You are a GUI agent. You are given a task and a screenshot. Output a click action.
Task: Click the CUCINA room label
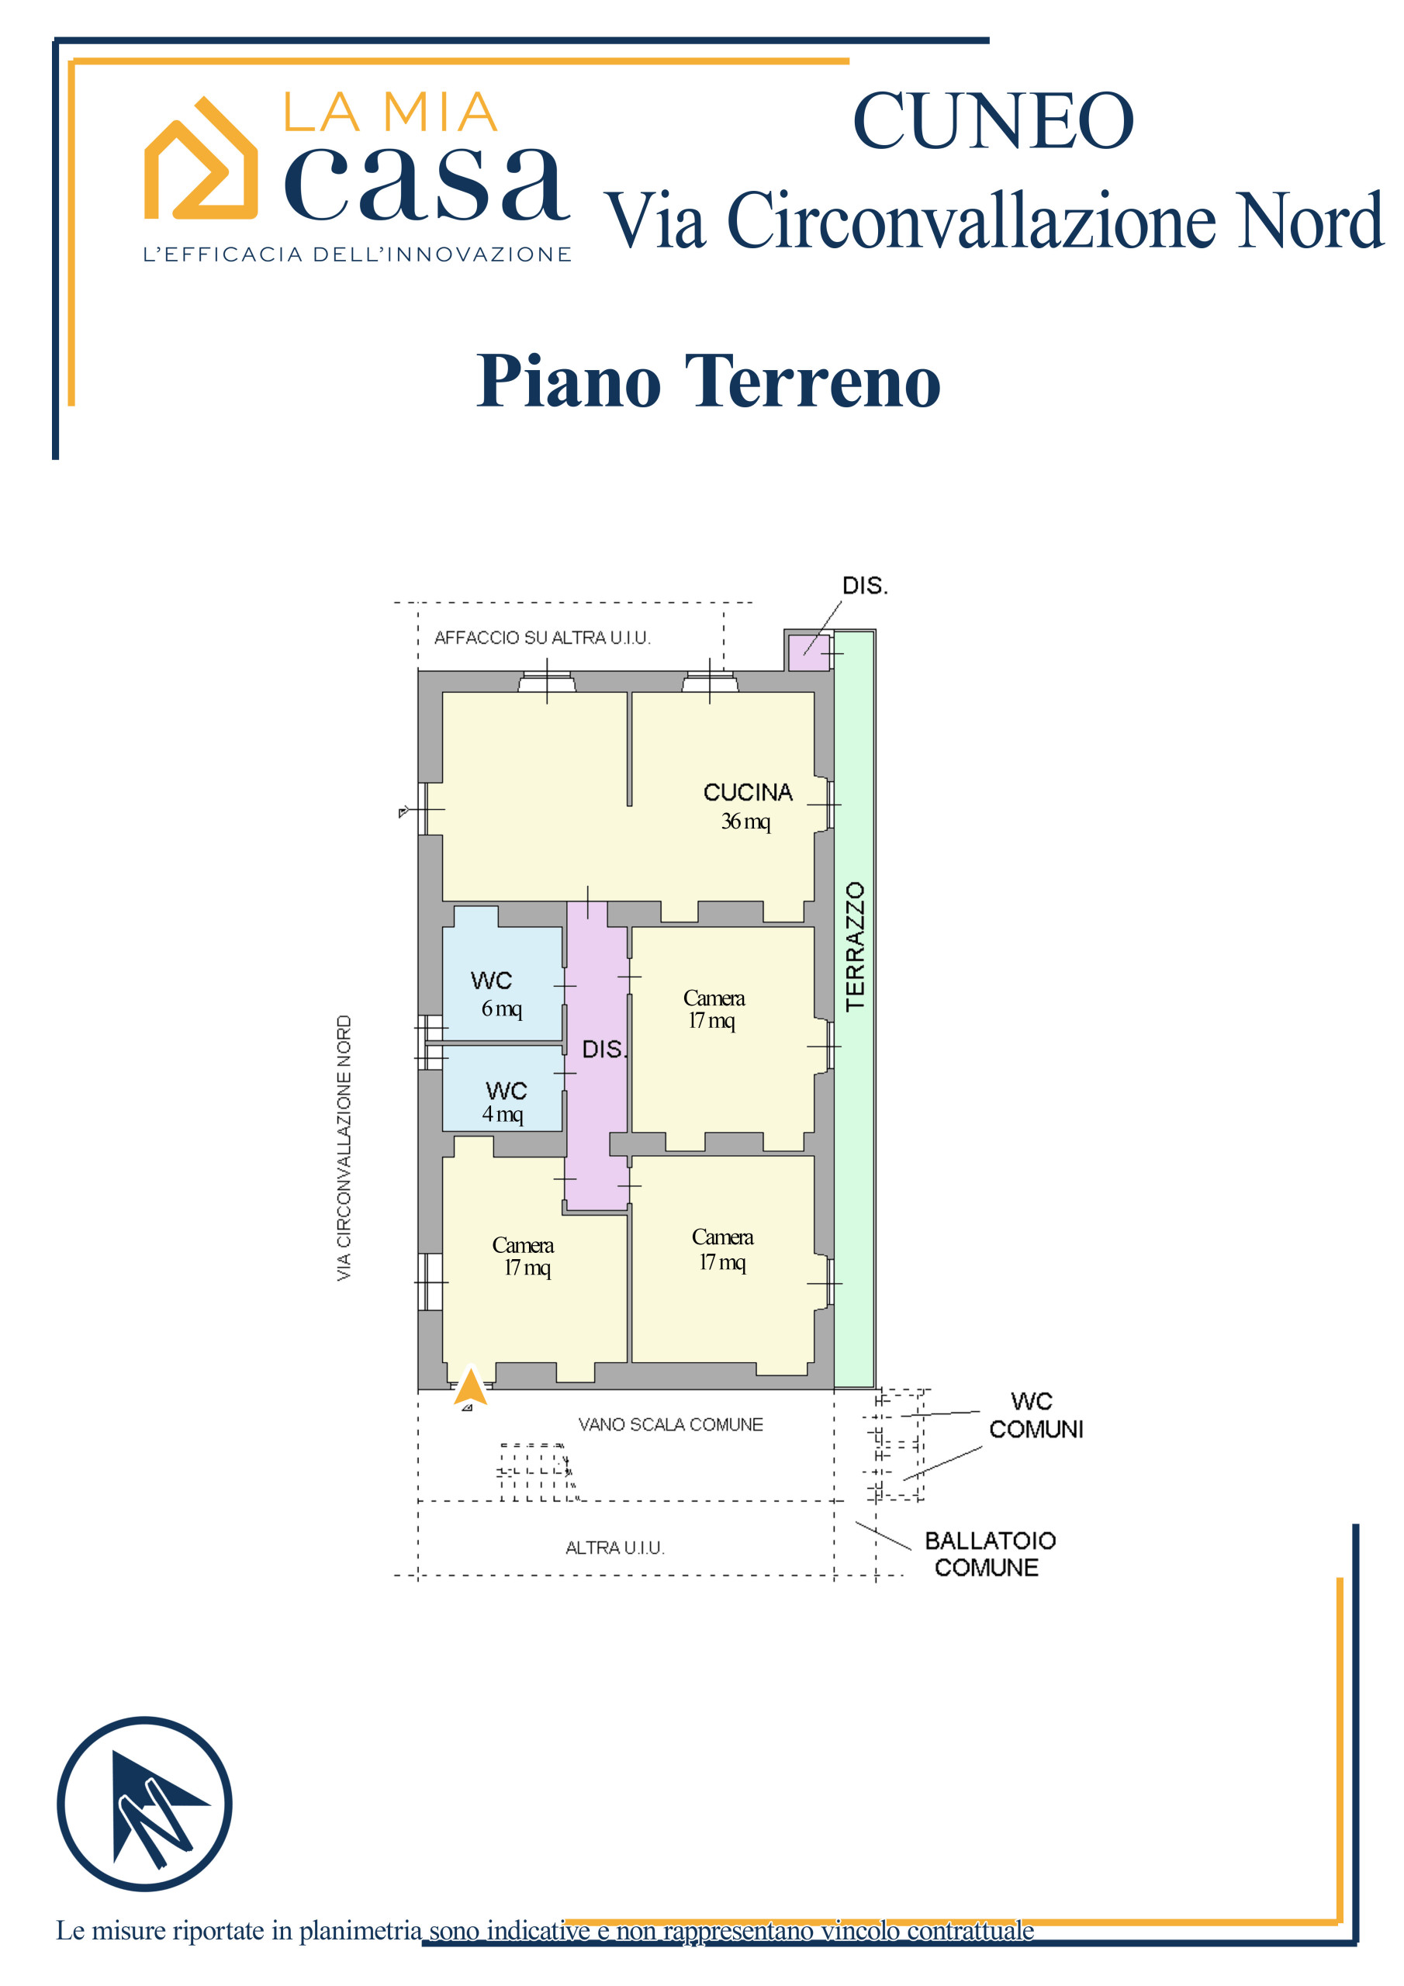(x=748, y=792)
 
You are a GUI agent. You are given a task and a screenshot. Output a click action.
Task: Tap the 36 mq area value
(x=745, y=822)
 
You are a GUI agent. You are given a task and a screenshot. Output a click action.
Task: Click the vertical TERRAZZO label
(x=856, y=946)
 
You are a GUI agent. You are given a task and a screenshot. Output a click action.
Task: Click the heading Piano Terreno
(x=707, y=381)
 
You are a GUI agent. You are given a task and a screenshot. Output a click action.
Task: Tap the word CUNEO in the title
(x=992, y=121)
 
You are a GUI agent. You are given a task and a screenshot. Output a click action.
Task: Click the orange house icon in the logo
(x=201, y=159)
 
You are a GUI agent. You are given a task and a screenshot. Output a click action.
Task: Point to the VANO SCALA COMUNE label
(x=670, y=1424)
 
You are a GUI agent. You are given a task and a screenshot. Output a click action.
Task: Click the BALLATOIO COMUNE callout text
(x=989, y=1554)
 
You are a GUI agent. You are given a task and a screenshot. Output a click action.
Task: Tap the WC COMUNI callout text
(x=1035, y=1415)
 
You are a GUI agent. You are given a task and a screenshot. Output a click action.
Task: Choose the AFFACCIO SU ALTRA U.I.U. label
(x=541, y=638)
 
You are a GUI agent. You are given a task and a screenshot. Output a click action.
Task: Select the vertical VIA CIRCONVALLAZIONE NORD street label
(x=344, y=1148)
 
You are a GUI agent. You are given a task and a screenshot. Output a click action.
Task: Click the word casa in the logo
(x=427, y=182)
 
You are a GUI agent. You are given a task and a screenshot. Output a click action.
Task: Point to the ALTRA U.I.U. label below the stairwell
(x=615, y=1548)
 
